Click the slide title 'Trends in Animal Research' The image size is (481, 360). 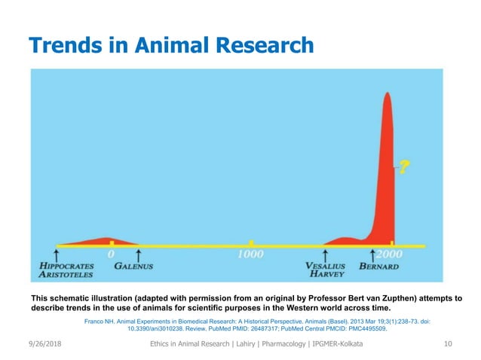170,44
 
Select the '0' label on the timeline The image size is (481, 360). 112,255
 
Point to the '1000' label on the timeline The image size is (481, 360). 251,255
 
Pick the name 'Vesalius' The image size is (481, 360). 326,266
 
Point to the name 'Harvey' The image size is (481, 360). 326,275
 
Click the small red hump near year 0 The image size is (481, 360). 102,241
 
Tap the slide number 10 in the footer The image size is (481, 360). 448,344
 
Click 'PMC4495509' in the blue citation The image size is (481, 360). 358,328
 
